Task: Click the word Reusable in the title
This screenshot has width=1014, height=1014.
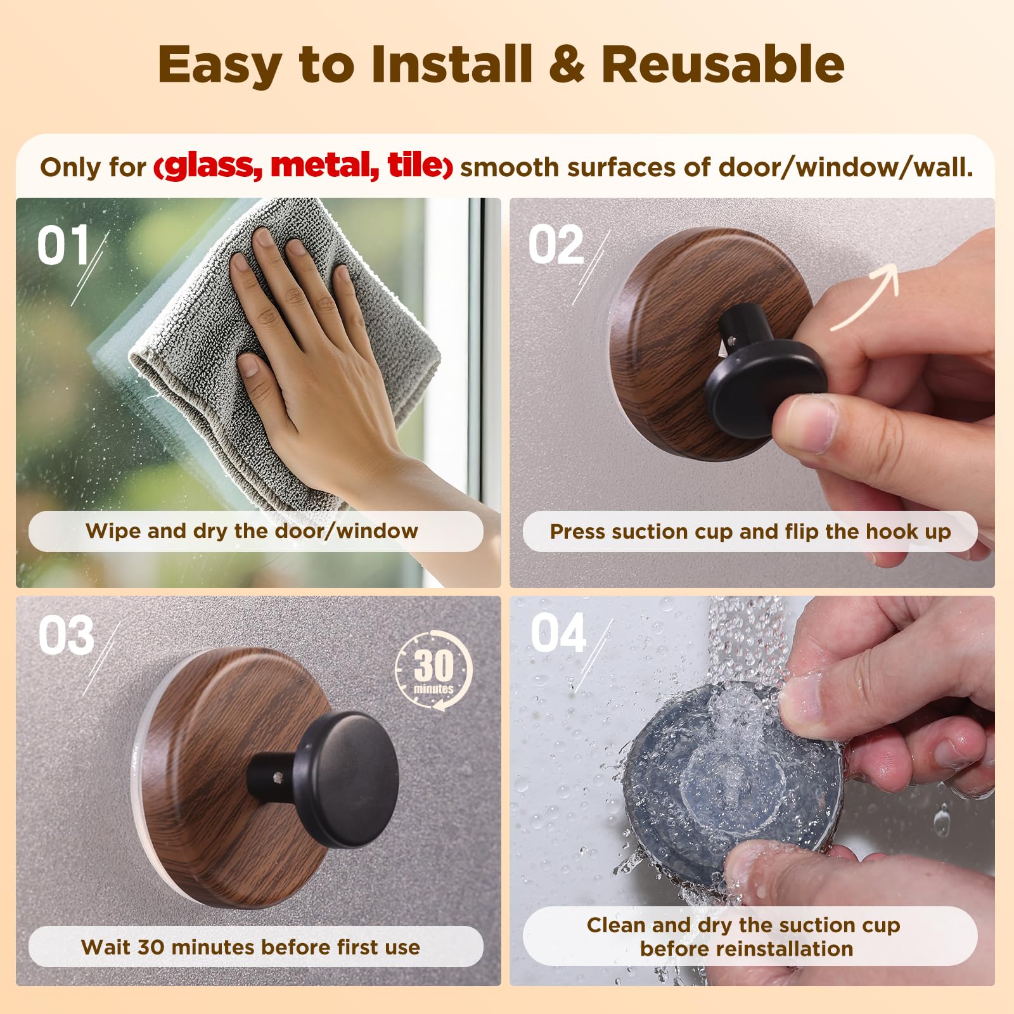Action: (x=723, y=64)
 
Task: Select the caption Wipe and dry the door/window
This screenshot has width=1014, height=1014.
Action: (x=252, y=530)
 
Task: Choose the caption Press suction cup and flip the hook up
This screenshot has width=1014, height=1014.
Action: (x=750, y=531)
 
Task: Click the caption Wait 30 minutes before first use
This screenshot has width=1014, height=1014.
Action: (x=251, y=947)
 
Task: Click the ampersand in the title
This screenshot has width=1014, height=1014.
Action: (x=567, y=64)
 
